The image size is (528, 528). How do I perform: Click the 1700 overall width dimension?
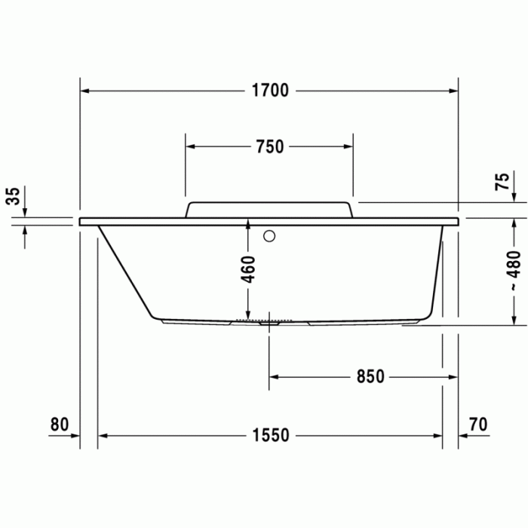click(x=269, y=91)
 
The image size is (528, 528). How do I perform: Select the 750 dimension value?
click(x=269, y=147)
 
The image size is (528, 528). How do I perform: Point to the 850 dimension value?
click(x=370, y=376)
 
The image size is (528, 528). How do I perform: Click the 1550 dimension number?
click(x=271, y=436)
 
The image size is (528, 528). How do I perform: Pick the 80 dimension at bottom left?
click(x=60, y=424)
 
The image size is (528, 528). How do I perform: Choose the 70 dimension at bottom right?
click(x=477, y=424)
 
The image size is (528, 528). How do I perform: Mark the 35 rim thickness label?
click(x=14, y=197)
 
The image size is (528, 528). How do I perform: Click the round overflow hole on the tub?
click(x=269, y=236)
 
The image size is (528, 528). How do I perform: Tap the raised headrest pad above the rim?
click(x=269, y=209)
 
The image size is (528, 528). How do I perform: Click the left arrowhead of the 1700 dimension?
click(x=85, y=91)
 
